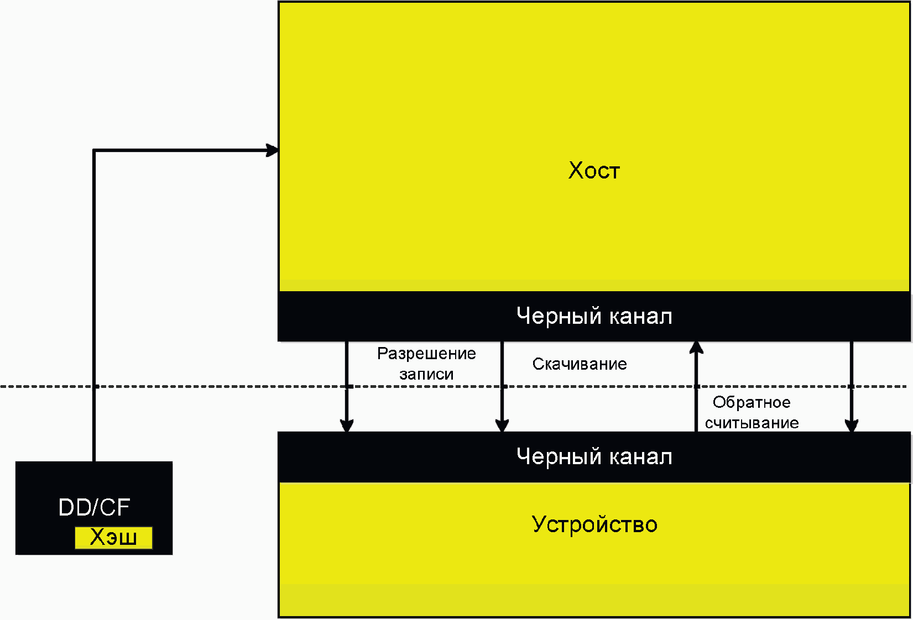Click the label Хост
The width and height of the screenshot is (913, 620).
click(x=594, y=171)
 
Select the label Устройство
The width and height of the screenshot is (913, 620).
click(x=594, y=524)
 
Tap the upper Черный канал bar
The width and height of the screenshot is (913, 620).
click(x=594, y=316)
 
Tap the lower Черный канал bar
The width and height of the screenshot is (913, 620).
click(x=594, y=457)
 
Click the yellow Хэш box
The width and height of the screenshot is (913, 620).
click(x=113, y=538)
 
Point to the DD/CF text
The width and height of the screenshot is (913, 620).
click(x=94, y=507)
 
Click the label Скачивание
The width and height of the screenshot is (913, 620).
click(x=580, y=364)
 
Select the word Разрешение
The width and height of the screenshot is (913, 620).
click(x=426, y=354)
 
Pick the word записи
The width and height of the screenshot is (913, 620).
click(x=426, y=375)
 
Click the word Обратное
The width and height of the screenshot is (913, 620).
click(x=752, y=402)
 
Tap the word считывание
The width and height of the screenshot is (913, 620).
click(x=752, y=423)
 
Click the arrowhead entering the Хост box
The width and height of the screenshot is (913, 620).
click(x=273, y=150)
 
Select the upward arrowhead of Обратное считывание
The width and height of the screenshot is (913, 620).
click(x=696, y=348)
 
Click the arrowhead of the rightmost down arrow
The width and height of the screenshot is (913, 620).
click(x=852, y=425)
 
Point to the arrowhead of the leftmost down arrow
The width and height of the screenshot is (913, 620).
click(x=347, y=425)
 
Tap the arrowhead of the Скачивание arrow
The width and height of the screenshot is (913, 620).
click(x=502, y=425)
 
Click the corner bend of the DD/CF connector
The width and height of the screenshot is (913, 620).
click(x=94, y=150)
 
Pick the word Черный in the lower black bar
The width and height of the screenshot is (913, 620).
click(x=559, y=457)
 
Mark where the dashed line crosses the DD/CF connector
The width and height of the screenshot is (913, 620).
click(x=94, y=386)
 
